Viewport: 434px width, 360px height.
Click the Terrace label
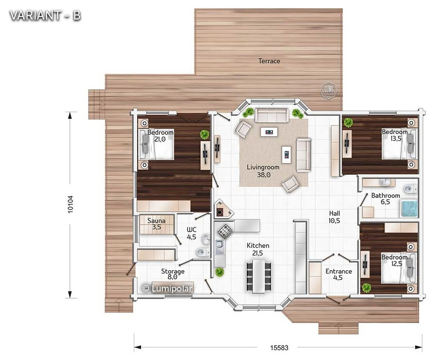(269, 61)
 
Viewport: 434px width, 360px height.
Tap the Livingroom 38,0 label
(263, 171)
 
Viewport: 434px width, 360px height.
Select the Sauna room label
(157, 224)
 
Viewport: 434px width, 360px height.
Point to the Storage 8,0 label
(173, 274)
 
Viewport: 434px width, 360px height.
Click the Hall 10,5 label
(334, 217)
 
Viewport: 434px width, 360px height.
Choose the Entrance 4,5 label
(338, 274)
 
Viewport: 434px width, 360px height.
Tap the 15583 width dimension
(279, 348)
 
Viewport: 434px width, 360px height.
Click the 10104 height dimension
(70, 205)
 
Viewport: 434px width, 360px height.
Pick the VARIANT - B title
(45, 15)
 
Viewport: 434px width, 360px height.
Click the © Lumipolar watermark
(167, 288)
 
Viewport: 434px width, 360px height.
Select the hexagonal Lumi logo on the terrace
(329, 90)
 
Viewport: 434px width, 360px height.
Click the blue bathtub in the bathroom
(409, 208)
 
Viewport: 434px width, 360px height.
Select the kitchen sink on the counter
(220, 247)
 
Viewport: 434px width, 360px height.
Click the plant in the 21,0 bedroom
(205, 134)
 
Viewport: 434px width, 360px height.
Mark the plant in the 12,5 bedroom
(367, 288)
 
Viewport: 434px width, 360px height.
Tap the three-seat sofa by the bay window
(271, 115)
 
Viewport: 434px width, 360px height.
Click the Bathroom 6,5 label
(385, 198)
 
